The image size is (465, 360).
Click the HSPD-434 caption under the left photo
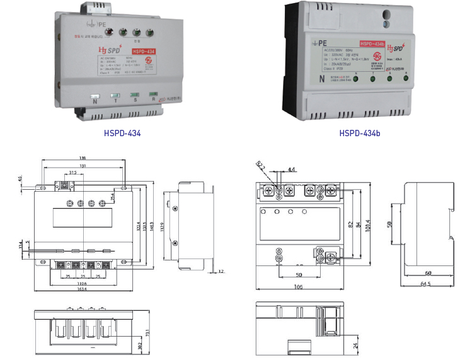[x=122, y=134]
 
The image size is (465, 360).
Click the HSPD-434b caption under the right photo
[x=360, y=134]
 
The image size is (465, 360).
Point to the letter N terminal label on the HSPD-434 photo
[x=95, y=100]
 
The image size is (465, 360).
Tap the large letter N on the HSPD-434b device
[x=321, y=79]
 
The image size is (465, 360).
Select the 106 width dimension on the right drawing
[x=298, y=287]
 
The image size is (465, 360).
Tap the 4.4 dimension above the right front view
[x=291, y=170]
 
